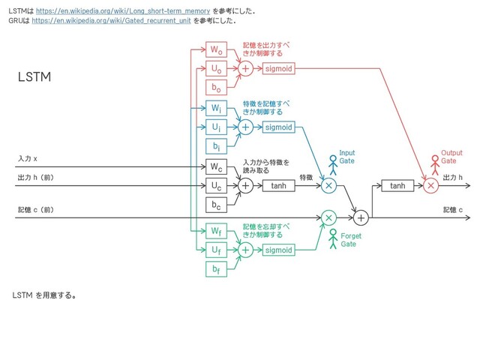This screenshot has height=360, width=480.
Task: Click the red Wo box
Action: (216, 50)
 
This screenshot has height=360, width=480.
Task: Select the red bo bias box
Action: (216, 87)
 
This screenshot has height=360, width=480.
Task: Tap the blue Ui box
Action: (216, 127)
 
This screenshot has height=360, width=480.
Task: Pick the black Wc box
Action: (216, 166)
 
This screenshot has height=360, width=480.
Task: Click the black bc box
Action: (216, 204)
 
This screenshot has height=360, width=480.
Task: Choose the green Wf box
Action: (216, 230)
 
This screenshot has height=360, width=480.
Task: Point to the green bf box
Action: (216, 268)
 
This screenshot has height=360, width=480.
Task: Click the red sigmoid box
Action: (278, 69)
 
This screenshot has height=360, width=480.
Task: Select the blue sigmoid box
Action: (278, 127)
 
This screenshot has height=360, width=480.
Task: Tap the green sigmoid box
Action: (278, 250)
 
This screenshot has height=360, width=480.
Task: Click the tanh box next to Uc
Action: (278, 185)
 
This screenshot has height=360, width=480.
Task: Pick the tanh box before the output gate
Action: (397, 185)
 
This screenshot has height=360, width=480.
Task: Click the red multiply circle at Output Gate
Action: (430, 185)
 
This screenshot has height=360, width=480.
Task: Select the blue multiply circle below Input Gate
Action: (328, 185)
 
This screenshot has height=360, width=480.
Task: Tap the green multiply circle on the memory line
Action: (328, 217)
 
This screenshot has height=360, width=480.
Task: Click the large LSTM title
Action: (34, 78)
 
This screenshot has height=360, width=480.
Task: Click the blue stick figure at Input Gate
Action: (333, 166)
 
